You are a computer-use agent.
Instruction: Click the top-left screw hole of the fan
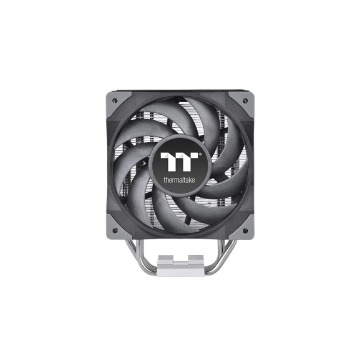pos(115,100)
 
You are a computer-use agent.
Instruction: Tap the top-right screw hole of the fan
pos(245,100)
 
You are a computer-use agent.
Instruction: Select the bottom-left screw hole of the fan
pos(115,230)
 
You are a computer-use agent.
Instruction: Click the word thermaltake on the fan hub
pos(179,180)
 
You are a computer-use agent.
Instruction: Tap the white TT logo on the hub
pos(179,162)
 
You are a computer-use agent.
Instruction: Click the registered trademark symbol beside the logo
pos(200,154)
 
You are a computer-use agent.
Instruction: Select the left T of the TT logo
pos(170,162)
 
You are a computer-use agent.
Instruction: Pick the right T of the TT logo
pos(189,162)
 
